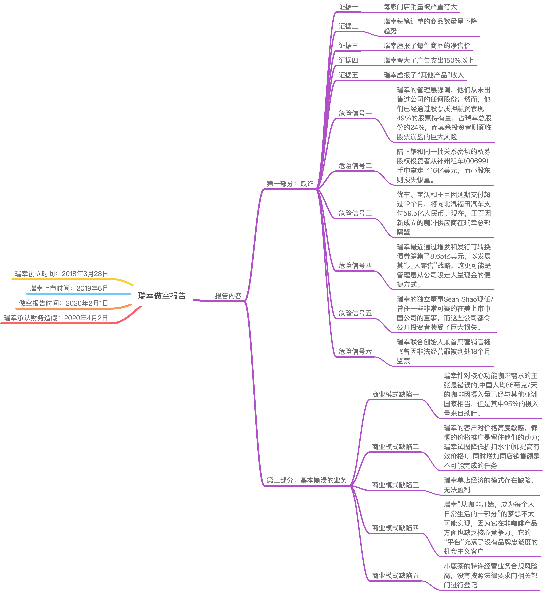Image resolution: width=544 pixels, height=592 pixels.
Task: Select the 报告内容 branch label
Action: coord(228,296)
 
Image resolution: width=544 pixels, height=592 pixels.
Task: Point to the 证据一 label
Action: coord(348,7)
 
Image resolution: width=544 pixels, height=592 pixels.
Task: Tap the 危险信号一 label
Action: coord(355,113)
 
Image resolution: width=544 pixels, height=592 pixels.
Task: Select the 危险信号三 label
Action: coord(355,213)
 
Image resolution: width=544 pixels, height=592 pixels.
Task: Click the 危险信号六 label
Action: coord(355,352)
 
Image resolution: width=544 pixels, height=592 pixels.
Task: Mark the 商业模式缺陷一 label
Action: coord(395,394)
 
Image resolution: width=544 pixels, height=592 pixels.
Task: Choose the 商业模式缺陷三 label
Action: coord(395,485)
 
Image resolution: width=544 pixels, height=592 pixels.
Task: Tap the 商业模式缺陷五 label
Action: coord(395,576)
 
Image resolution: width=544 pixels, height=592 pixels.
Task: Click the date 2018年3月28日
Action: coord(85,274)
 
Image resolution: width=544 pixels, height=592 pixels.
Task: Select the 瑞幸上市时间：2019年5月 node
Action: coord(69,288)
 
